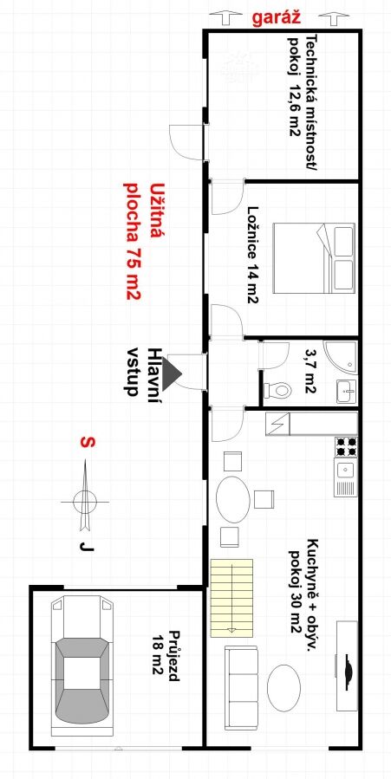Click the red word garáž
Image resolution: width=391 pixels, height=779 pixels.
pyautogui.click(x=277, y=17)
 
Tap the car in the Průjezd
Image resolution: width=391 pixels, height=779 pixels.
pyautogui.click(x=83, y=666)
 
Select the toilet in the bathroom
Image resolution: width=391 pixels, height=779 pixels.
pyautogui.click(x=277, y=389)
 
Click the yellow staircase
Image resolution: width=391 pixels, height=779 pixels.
pyautogui.click(x=231, y=598)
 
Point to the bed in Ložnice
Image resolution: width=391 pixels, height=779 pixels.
pyautogui.click(x=314, y=258)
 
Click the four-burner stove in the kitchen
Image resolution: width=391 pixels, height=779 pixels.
pyautogui.click(x=346, y=446)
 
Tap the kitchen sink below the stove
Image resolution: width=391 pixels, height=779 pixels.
pyautogui.click(x=345, y=477)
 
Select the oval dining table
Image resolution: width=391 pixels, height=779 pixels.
pyautogui.click(x=233, y=499)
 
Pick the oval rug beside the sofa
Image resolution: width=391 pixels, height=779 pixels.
pyautogui.click(x=283, y=687)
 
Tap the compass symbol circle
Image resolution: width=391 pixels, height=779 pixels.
pyautogui.click(x=84, y=501)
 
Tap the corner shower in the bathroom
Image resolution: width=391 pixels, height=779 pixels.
pyautogui.click(x=340, y=357)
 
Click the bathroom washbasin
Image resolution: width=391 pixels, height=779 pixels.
pyautogui.click(x=346, y=392)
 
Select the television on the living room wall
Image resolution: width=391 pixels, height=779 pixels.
pyautogui.click(x=347, y=665)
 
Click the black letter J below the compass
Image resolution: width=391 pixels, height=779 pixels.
pyautogui.click(x=87, y=547)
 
